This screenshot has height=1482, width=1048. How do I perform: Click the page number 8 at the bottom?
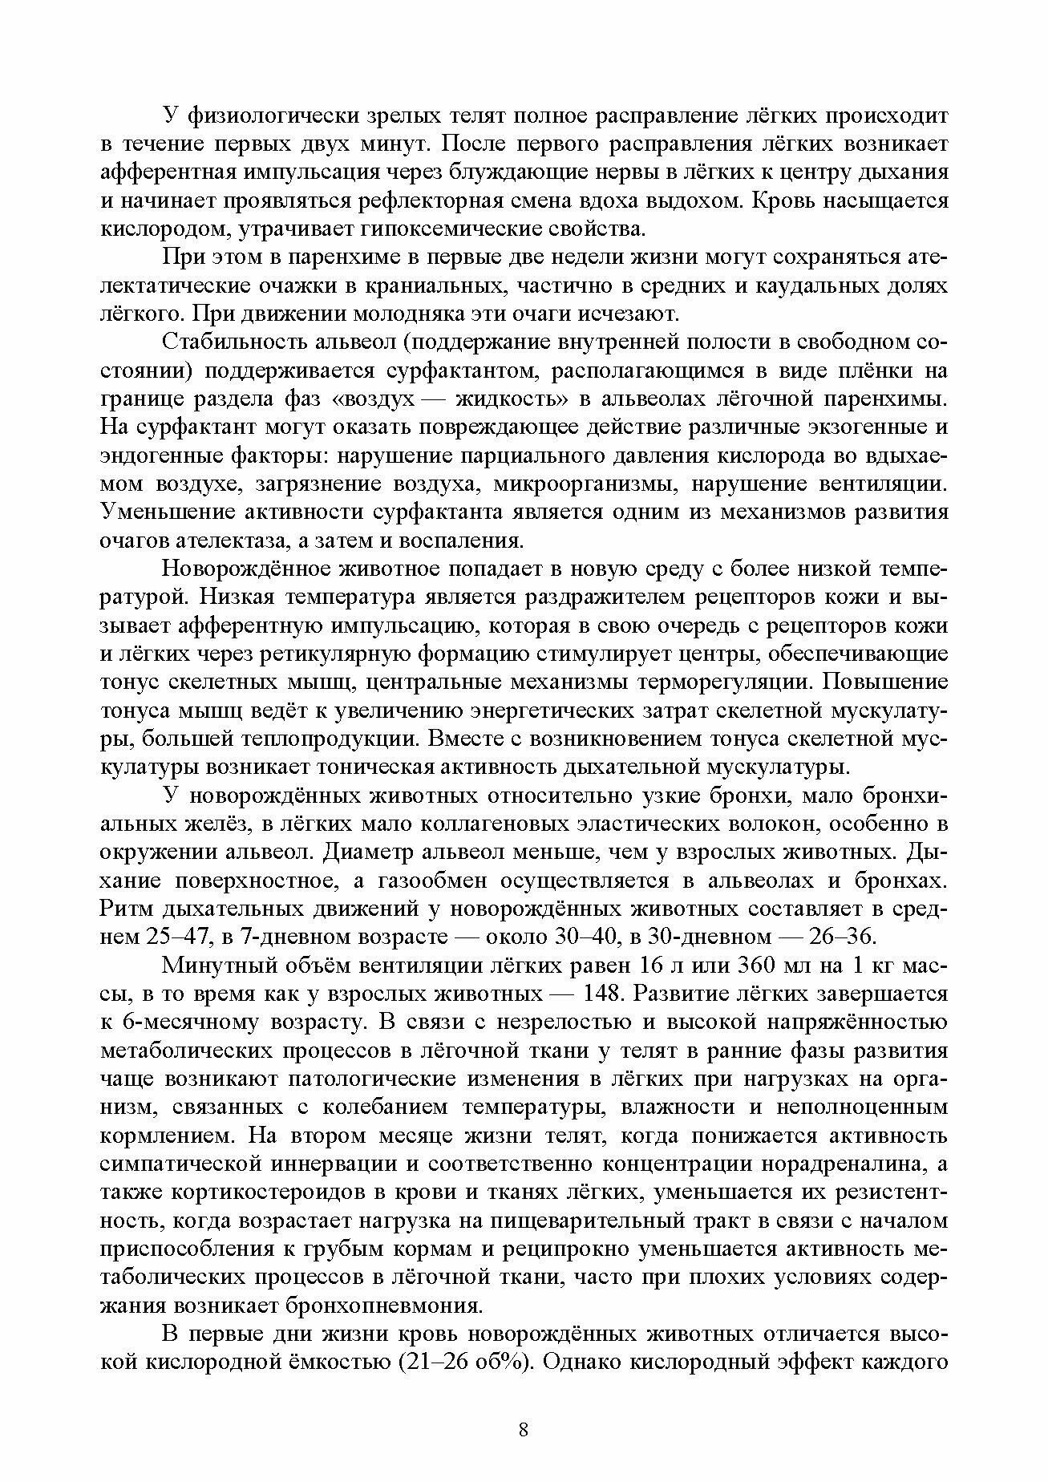point(524,1430)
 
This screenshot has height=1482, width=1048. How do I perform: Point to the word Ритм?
point(127,909)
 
